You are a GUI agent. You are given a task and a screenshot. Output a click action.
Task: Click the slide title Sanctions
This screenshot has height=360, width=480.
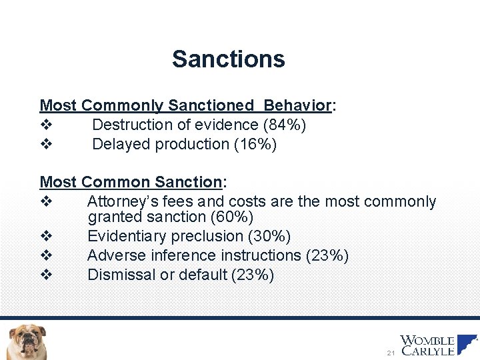[228, 59]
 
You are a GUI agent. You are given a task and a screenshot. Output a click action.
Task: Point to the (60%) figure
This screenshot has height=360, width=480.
[232, 217]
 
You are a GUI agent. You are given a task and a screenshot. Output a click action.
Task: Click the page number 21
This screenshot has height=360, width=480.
[391, 352]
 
